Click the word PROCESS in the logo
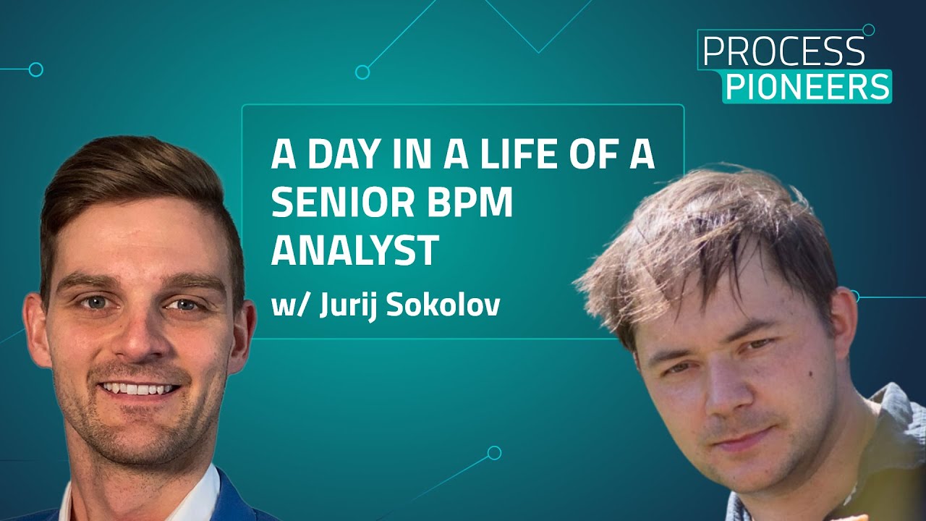783,52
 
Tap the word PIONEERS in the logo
808,87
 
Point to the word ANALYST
354,250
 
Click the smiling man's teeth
139,389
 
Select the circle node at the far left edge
35,69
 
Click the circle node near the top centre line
362,72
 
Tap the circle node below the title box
494,452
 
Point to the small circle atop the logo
869,30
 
